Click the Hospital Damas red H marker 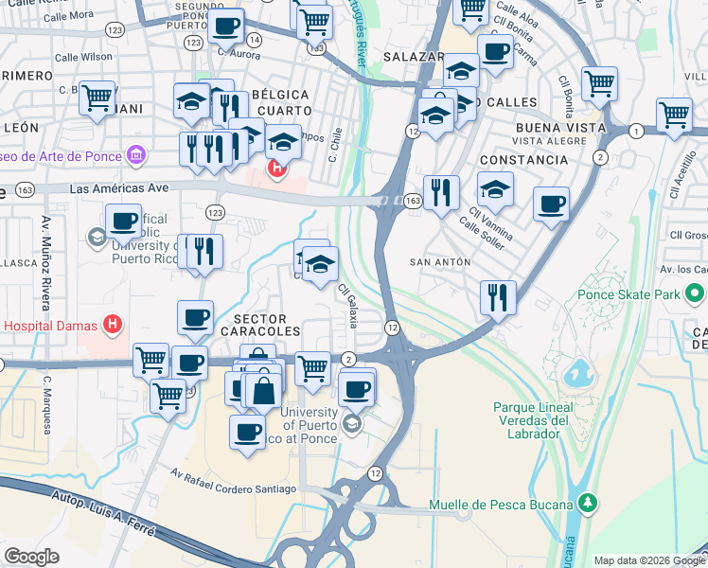tap(113, 326)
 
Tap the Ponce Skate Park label tap(628, 294)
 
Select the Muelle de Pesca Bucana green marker tap(588, 503)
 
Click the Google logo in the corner tap(32, 556)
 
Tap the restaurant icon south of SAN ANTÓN tap(497, 297)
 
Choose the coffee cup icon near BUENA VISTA tap(551, 203)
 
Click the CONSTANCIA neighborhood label tap(523, 160)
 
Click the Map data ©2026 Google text tap(647, 559)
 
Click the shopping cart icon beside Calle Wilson tap(97, 97)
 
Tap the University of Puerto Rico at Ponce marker tap(352, 423)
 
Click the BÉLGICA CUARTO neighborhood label tap(280, 102)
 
